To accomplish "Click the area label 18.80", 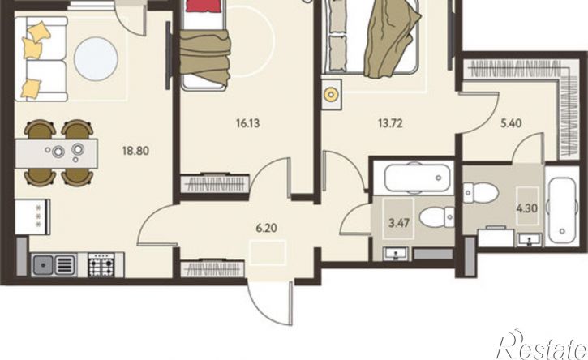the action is [x=135, y=151].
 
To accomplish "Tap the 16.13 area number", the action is [x=248, y=123].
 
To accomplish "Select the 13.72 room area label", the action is [x=390, y=123].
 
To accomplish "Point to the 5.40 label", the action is [x=511, y=123].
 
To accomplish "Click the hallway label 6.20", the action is [x=266, y=228].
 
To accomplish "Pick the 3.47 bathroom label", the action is [x=399, y=224].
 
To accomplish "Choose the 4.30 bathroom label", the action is [x=527, y=208].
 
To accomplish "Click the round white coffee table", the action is [x=96, y=58].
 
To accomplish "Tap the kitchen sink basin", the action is [x=44, y=265].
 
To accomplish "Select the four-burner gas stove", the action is [x=101, y=265].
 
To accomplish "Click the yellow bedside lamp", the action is [x=331, y=95].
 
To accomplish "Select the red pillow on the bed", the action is [x=202, y=5].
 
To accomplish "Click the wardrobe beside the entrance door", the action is [x=212, y=268].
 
